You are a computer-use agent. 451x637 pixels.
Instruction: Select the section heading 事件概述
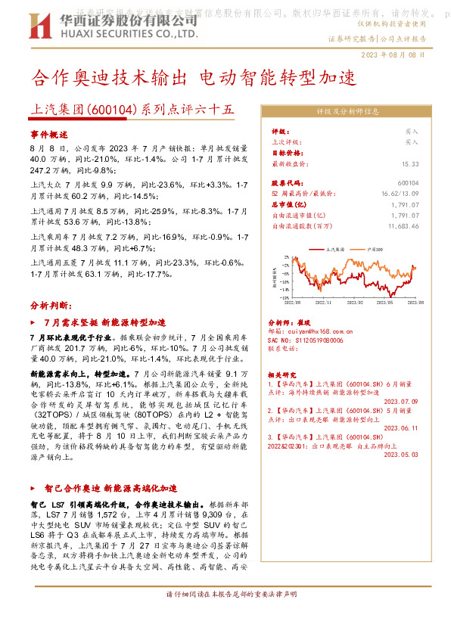[x=49, y=134]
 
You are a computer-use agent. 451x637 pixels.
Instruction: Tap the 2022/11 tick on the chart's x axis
[x=324, y=301]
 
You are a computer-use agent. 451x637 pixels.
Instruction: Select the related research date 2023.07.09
[x=400, y=402]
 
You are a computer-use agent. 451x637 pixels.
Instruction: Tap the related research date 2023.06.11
[x=400, y=428]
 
